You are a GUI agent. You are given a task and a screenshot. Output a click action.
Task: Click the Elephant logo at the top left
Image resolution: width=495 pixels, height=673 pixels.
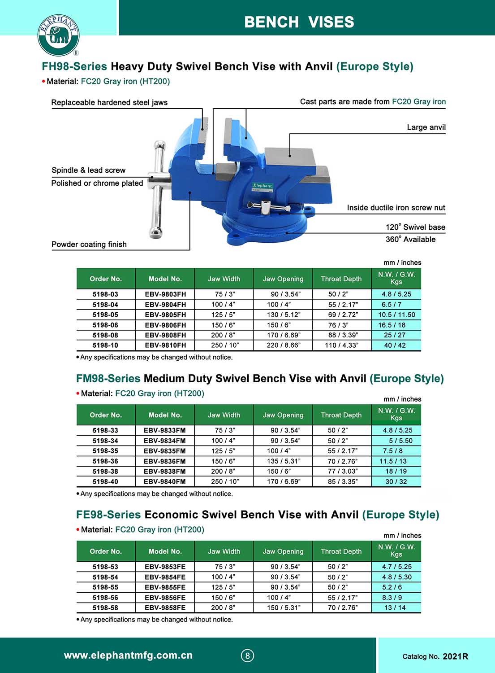58,35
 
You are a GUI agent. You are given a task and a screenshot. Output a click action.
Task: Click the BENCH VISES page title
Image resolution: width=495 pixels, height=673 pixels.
299,22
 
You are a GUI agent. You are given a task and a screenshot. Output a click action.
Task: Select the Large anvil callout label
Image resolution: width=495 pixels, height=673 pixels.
426,127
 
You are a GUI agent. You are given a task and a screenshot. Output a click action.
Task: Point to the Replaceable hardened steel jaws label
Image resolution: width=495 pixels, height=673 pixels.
109,102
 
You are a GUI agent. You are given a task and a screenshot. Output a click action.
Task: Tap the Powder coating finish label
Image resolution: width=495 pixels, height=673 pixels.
89,245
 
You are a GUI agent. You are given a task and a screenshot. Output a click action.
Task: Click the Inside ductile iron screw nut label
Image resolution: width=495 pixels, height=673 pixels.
396,208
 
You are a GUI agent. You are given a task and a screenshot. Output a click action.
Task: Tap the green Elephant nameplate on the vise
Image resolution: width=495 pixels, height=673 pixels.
263,186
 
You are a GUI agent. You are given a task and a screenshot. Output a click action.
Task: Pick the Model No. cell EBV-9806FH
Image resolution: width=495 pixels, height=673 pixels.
165,325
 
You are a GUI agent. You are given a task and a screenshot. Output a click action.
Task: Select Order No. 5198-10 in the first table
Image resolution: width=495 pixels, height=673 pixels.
106,345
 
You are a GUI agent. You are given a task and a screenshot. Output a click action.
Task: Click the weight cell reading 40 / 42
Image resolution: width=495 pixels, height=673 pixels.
395,345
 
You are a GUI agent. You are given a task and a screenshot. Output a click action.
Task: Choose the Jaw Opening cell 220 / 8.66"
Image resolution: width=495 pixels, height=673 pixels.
283,345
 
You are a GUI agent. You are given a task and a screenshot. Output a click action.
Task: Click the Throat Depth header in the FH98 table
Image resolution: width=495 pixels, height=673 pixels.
341,279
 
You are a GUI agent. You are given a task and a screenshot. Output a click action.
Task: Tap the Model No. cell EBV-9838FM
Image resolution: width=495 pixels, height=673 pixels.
164,472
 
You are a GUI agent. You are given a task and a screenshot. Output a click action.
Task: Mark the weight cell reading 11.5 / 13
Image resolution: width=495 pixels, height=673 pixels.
393,461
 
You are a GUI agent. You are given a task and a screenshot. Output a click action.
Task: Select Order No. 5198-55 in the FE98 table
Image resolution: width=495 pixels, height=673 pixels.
106,587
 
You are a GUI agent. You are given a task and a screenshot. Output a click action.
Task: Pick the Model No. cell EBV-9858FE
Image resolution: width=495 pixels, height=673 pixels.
165,608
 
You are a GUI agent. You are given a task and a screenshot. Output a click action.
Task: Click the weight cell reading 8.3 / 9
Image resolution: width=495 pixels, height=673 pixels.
392,598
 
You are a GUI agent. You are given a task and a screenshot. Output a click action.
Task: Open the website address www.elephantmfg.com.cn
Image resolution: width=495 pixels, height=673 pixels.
128,656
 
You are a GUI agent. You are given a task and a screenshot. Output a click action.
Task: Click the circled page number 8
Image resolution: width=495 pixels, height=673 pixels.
247,656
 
